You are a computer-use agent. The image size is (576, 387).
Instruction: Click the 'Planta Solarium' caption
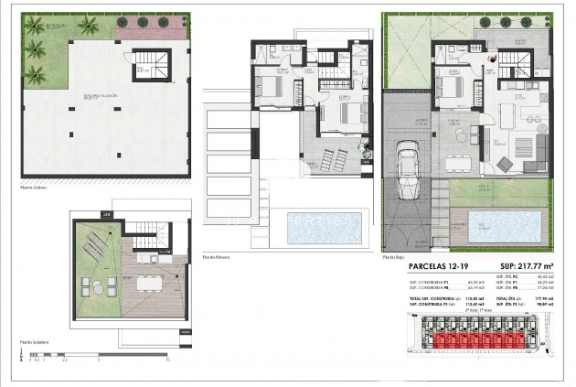pos(35,344)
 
